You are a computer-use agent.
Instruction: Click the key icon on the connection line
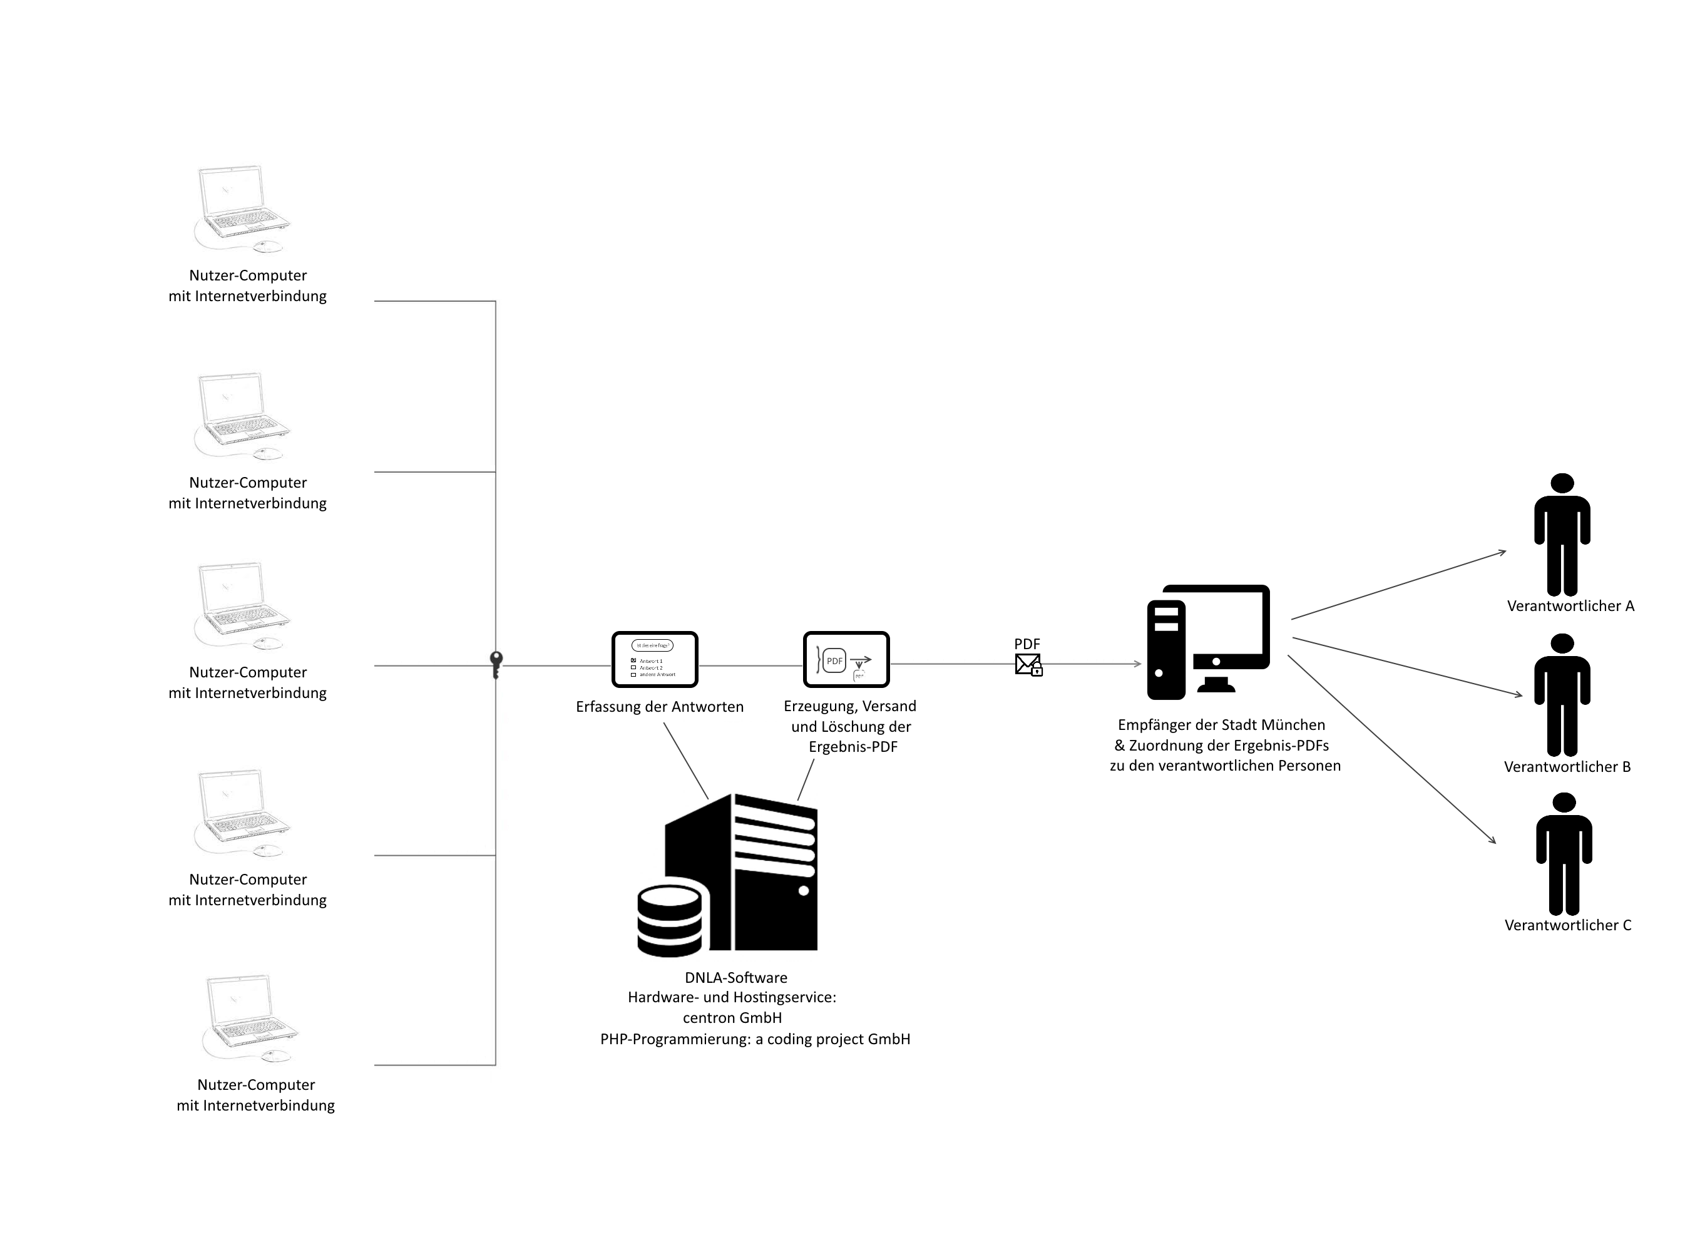496,665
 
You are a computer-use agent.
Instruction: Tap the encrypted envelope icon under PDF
1028,665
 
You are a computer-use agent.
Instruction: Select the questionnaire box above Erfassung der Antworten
654,659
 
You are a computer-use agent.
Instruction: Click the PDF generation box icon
846,659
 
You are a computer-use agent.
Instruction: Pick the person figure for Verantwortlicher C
1564,854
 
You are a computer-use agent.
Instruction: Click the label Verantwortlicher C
1567,925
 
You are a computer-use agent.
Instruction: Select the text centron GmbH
732,1018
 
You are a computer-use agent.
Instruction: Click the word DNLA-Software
736,978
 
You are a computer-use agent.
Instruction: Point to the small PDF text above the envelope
1027,644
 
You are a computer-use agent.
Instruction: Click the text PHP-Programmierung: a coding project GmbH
755,1039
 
